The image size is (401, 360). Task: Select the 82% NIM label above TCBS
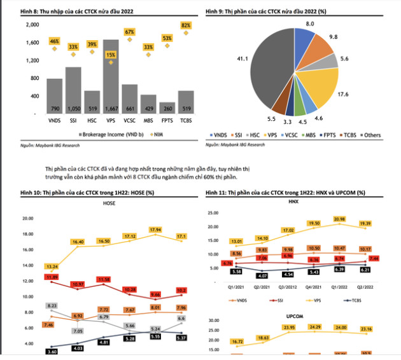point(186,25)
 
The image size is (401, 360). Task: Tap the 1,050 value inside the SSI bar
point(73,109)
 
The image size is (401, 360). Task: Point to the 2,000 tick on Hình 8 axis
point(32,24)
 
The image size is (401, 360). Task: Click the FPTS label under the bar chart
point(167,121)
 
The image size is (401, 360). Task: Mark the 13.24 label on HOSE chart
point(52,267)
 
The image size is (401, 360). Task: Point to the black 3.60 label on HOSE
point(52,351)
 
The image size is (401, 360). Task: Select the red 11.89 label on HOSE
point(52,277)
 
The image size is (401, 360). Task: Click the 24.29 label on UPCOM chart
point(313,327)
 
